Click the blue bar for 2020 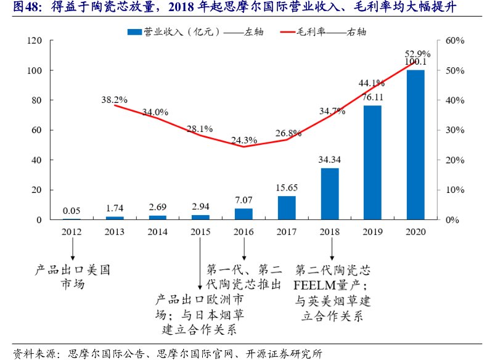pyautogui.click(x=415, y=145)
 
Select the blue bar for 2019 pyautogui.click(x=372, y=163)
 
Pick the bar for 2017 pyautogui.click(x=287, y=208)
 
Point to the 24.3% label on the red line pyautogui.click(x=243, y=139)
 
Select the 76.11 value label pyautogui.click(x=372, y=97)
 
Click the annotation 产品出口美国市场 pyautogui.click(x=72, y=277)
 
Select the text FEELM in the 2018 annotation pyautogui.click(x=317, y=286)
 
